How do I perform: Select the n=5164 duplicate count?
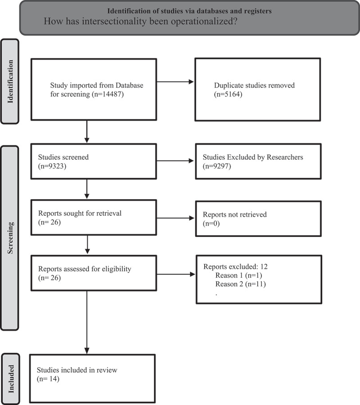228,94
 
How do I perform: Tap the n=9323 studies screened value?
52,166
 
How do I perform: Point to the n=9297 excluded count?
217,166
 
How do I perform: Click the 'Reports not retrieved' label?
234,214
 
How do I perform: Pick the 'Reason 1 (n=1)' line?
238,276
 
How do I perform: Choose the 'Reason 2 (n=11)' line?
240,284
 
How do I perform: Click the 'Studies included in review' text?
77,370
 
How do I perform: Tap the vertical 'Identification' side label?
10,82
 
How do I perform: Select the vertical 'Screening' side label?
10,238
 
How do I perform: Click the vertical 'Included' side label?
11,378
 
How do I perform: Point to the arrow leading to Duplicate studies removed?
175,82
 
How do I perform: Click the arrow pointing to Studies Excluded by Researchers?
175,160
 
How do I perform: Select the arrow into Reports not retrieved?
175,218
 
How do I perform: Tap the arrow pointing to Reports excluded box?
176,274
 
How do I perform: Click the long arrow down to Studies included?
87,322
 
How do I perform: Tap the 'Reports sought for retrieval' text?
80,213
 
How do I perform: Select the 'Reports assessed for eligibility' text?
85,269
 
